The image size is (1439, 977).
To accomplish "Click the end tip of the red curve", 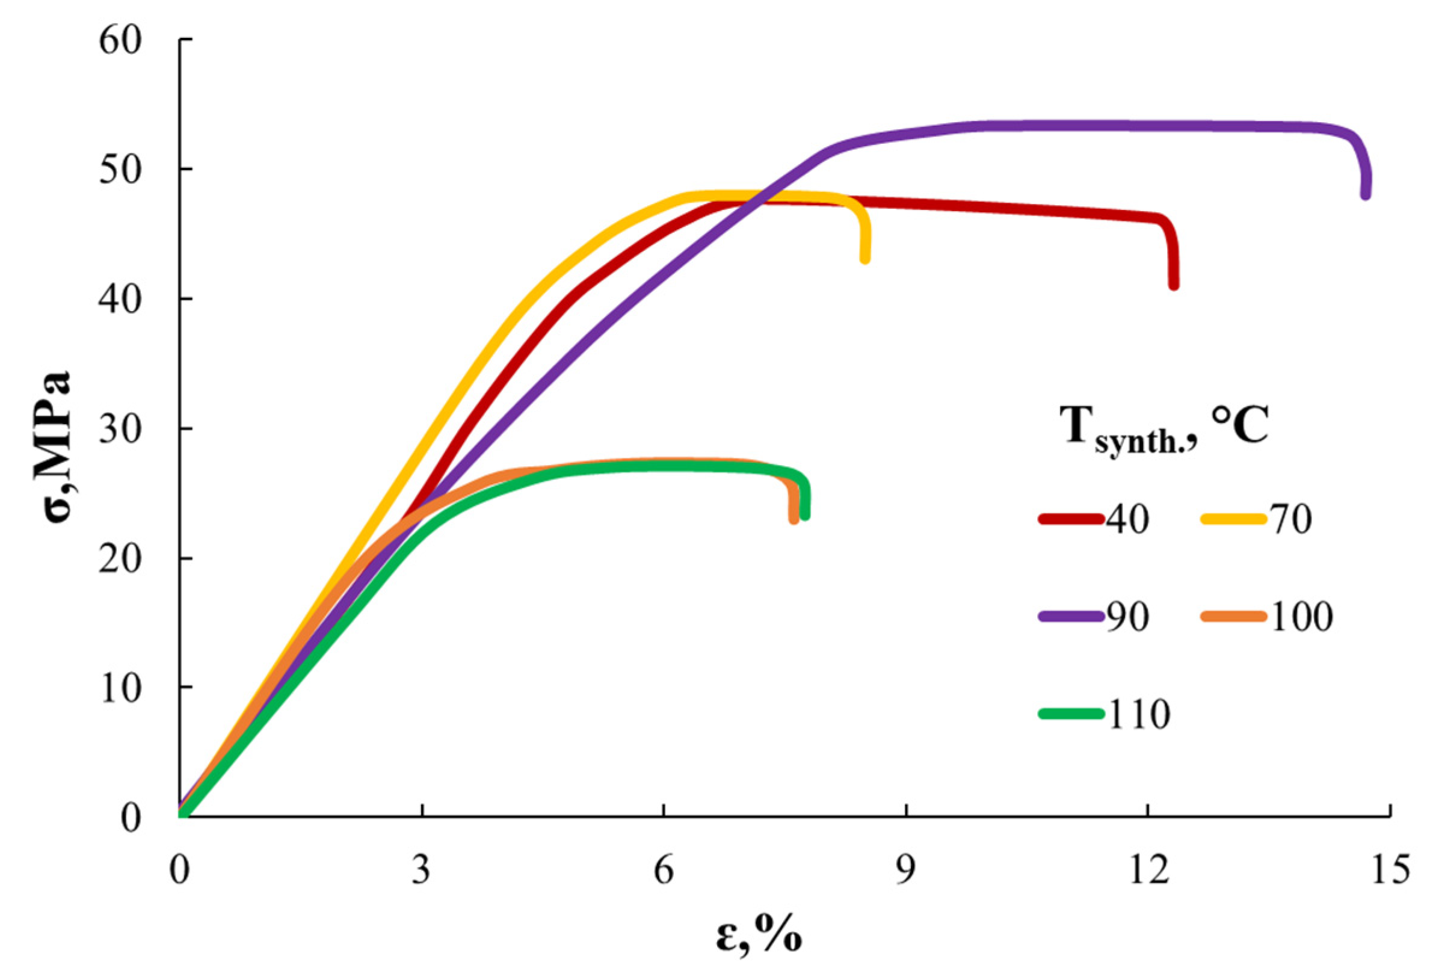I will [x=1174, y=285].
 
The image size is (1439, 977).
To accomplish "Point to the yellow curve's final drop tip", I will [x=865, y=258].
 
